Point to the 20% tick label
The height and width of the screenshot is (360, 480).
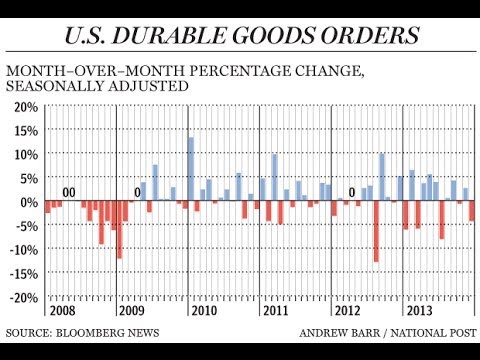(23, 106)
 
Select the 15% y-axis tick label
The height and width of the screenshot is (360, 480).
(23, 130)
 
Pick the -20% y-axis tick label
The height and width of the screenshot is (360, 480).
(21, 298)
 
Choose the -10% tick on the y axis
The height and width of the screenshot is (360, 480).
(21, 250)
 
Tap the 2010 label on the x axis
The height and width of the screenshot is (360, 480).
(204, 310)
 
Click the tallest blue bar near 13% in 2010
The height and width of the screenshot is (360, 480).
(190, 168)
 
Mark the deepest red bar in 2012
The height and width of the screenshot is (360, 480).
(376, 231)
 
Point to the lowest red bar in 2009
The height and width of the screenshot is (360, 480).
(119, 230)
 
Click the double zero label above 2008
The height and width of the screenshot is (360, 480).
(69, 193)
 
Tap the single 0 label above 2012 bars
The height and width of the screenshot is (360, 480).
(352, 193)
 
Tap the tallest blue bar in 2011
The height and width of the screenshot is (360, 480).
(275, 177)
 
